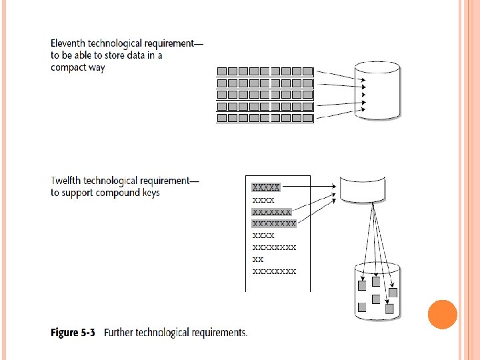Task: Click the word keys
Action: click(150, 193)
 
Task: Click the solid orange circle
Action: click(442, 315)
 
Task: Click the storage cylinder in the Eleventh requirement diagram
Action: click(377, 90)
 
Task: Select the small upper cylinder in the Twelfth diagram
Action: click(363, 188)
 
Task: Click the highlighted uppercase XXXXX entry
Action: click(266, 187)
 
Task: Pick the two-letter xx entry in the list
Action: click(258, 259)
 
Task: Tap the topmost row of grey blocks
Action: click(265, 71)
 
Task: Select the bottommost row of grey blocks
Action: click(265, 118)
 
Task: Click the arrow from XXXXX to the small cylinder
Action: click(310, 187)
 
